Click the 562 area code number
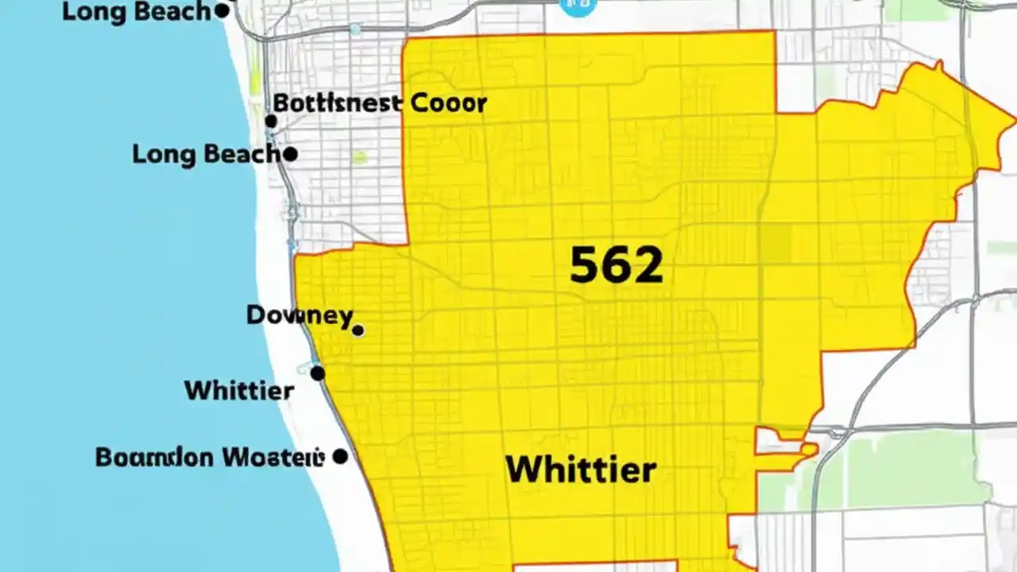(x=617, y=265)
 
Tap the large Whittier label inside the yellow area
(x=581, y=470)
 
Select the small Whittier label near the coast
(x=239, y=391)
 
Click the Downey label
(x=299, y=315)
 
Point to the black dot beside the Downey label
(x=358, y=330)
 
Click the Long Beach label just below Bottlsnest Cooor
(x=205, y=153)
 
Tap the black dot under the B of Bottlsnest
(x=271, y=122)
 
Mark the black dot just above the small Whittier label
(x=318, y=373)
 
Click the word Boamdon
(x=154, y=457)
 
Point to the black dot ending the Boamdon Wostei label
(x=340, y=456)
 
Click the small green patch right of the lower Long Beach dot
(x=360, y=157)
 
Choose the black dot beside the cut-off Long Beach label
(x=222, y=10)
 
